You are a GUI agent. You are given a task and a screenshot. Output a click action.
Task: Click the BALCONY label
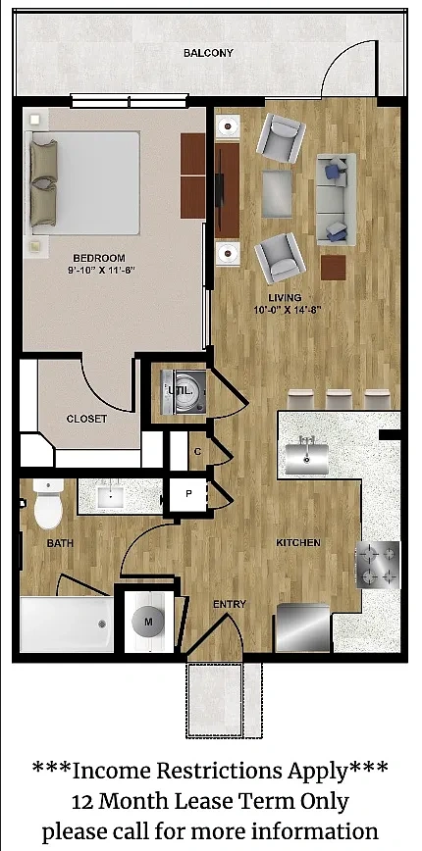208,53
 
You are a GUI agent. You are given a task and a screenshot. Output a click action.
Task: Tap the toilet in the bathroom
48,503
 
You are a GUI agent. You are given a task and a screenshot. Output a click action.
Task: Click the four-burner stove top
378,565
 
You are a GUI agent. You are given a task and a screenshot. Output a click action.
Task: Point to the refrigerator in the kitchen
303,627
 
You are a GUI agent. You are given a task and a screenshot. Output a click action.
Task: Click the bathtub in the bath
67,625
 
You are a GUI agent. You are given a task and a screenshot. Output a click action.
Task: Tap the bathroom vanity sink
112,495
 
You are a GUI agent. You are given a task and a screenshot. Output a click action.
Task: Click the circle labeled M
148,623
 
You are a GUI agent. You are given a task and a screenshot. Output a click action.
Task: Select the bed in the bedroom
84,183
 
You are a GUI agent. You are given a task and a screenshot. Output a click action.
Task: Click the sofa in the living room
337,199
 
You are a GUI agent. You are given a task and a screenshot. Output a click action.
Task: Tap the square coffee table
277,194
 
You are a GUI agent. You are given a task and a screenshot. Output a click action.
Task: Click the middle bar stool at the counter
339,399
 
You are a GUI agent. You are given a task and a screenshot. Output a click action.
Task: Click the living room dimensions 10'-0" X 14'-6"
285,310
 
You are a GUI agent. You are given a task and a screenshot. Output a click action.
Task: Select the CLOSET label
86,419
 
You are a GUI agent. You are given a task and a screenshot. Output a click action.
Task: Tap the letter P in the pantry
188,494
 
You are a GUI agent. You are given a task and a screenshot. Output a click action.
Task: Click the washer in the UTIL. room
185,392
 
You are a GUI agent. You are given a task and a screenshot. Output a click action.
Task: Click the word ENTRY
230,604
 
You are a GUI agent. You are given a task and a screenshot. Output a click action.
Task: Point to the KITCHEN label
298,543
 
